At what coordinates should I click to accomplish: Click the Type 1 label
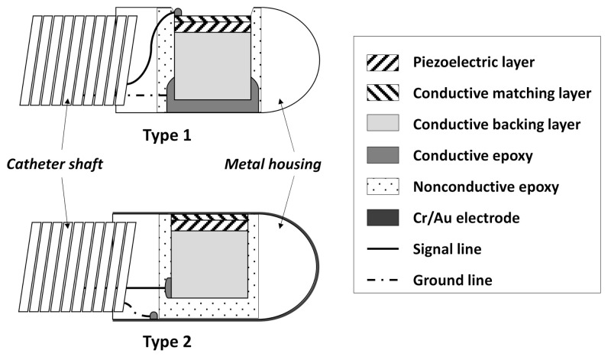167,135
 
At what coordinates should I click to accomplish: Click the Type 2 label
167,342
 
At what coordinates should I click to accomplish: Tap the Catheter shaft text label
54,164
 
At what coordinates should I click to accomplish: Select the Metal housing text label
273,164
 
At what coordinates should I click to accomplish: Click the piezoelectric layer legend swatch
383,63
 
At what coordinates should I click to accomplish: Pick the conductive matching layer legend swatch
383,92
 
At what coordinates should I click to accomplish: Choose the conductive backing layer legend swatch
383,123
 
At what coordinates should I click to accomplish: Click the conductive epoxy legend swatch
383,155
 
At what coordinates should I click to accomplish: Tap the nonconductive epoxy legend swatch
383,186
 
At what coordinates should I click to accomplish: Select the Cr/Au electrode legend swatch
383,218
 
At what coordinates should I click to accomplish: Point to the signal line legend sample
383,249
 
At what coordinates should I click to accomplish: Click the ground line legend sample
383,280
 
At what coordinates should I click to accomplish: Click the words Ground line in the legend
452,280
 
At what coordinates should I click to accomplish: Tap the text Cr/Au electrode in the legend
466,218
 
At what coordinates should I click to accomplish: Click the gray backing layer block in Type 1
212,66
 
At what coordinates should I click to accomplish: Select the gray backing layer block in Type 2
209,264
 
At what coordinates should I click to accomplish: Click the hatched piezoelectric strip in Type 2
209,222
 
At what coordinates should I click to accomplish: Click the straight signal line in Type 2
145,288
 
